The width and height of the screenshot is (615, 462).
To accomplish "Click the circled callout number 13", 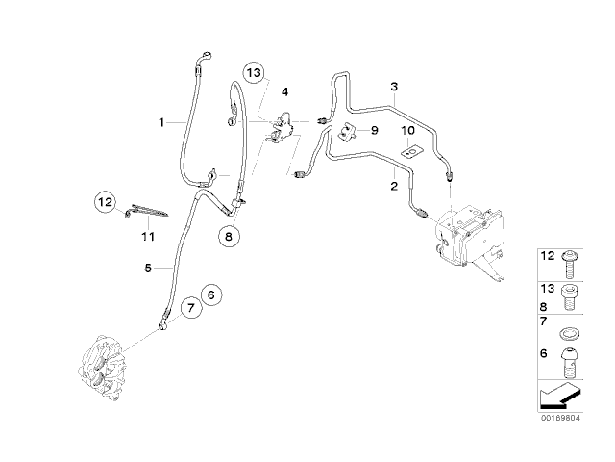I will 253,73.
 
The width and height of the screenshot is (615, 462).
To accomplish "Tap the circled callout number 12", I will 105,202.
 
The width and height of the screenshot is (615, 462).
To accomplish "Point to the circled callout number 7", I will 189,307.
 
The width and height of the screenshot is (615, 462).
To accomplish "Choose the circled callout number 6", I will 212,295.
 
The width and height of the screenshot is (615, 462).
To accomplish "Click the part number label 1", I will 163,122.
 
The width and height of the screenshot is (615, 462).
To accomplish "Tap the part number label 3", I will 394,88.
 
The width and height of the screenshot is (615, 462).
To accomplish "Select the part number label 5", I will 149,269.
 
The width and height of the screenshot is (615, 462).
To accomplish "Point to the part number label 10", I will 407,129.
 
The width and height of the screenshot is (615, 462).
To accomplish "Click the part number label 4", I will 284,91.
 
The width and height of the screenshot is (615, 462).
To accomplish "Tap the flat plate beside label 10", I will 413,150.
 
